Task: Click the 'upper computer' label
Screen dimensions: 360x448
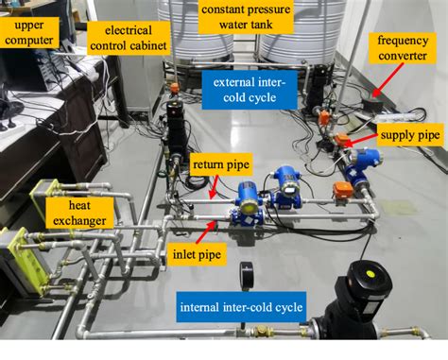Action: click(30, 35)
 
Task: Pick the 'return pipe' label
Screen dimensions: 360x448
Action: click(220, 163)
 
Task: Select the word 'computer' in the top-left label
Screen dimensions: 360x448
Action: click(30, 42)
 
